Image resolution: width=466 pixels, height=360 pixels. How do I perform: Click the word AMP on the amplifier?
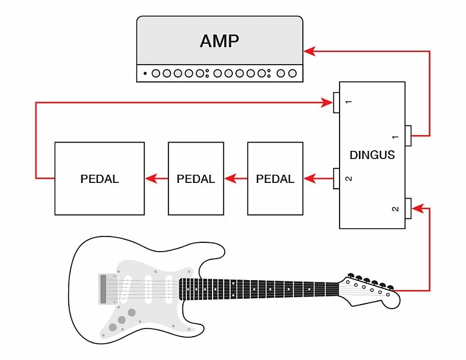pyautogui.click(x=220, y=41)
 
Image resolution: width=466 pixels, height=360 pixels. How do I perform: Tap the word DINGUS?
pyautogui.click(x=372, y=155)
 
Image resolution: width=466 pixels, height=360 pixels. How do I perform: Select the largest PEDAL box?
pyautogui.click(x=100, y=178)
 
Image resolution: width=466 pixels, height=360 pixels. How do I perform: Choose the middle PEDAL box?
pyautogui.click(x=196, y=178)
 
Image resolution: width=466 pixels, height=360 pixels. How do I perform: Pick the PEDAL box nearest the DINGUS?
pyautogui.click(x=275, y=178)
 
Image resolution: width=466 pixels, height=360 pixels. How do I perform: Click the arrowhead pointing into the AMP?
pyautogui.click(x=309, y=51)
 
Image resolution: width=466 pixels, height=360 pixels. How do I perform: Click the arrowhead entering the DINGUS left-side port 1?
pyautogui.click(x=328, y=103)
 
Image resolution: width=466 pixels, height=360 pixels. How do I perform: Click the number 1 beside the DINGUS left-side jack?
pyautogui.click(x=348, y=103)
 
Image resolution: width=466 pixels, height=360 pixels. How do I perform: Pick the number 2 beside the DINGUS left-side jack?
pyautogui.click(x=348, y=178)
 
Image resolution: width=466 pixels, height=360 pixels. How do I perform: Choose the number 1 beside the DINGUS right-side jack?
pyautogui.click(x=396, y=137)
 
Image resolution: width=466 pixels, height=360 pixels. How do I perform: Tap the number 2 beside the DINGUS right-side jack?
pyautogui.click(x=396, y=209)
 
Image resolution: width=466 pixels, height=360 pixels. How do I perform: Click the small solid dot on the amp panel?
pyautogui.click(x=145, y=73)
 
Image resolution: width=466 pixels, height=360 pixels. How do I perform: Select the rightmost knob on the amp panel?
pyautogui.click(x=292, y=73)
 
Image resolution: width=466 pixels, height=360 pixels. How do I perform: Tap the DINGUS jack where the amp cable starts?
pyautogui.click(x=409, y=136)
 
